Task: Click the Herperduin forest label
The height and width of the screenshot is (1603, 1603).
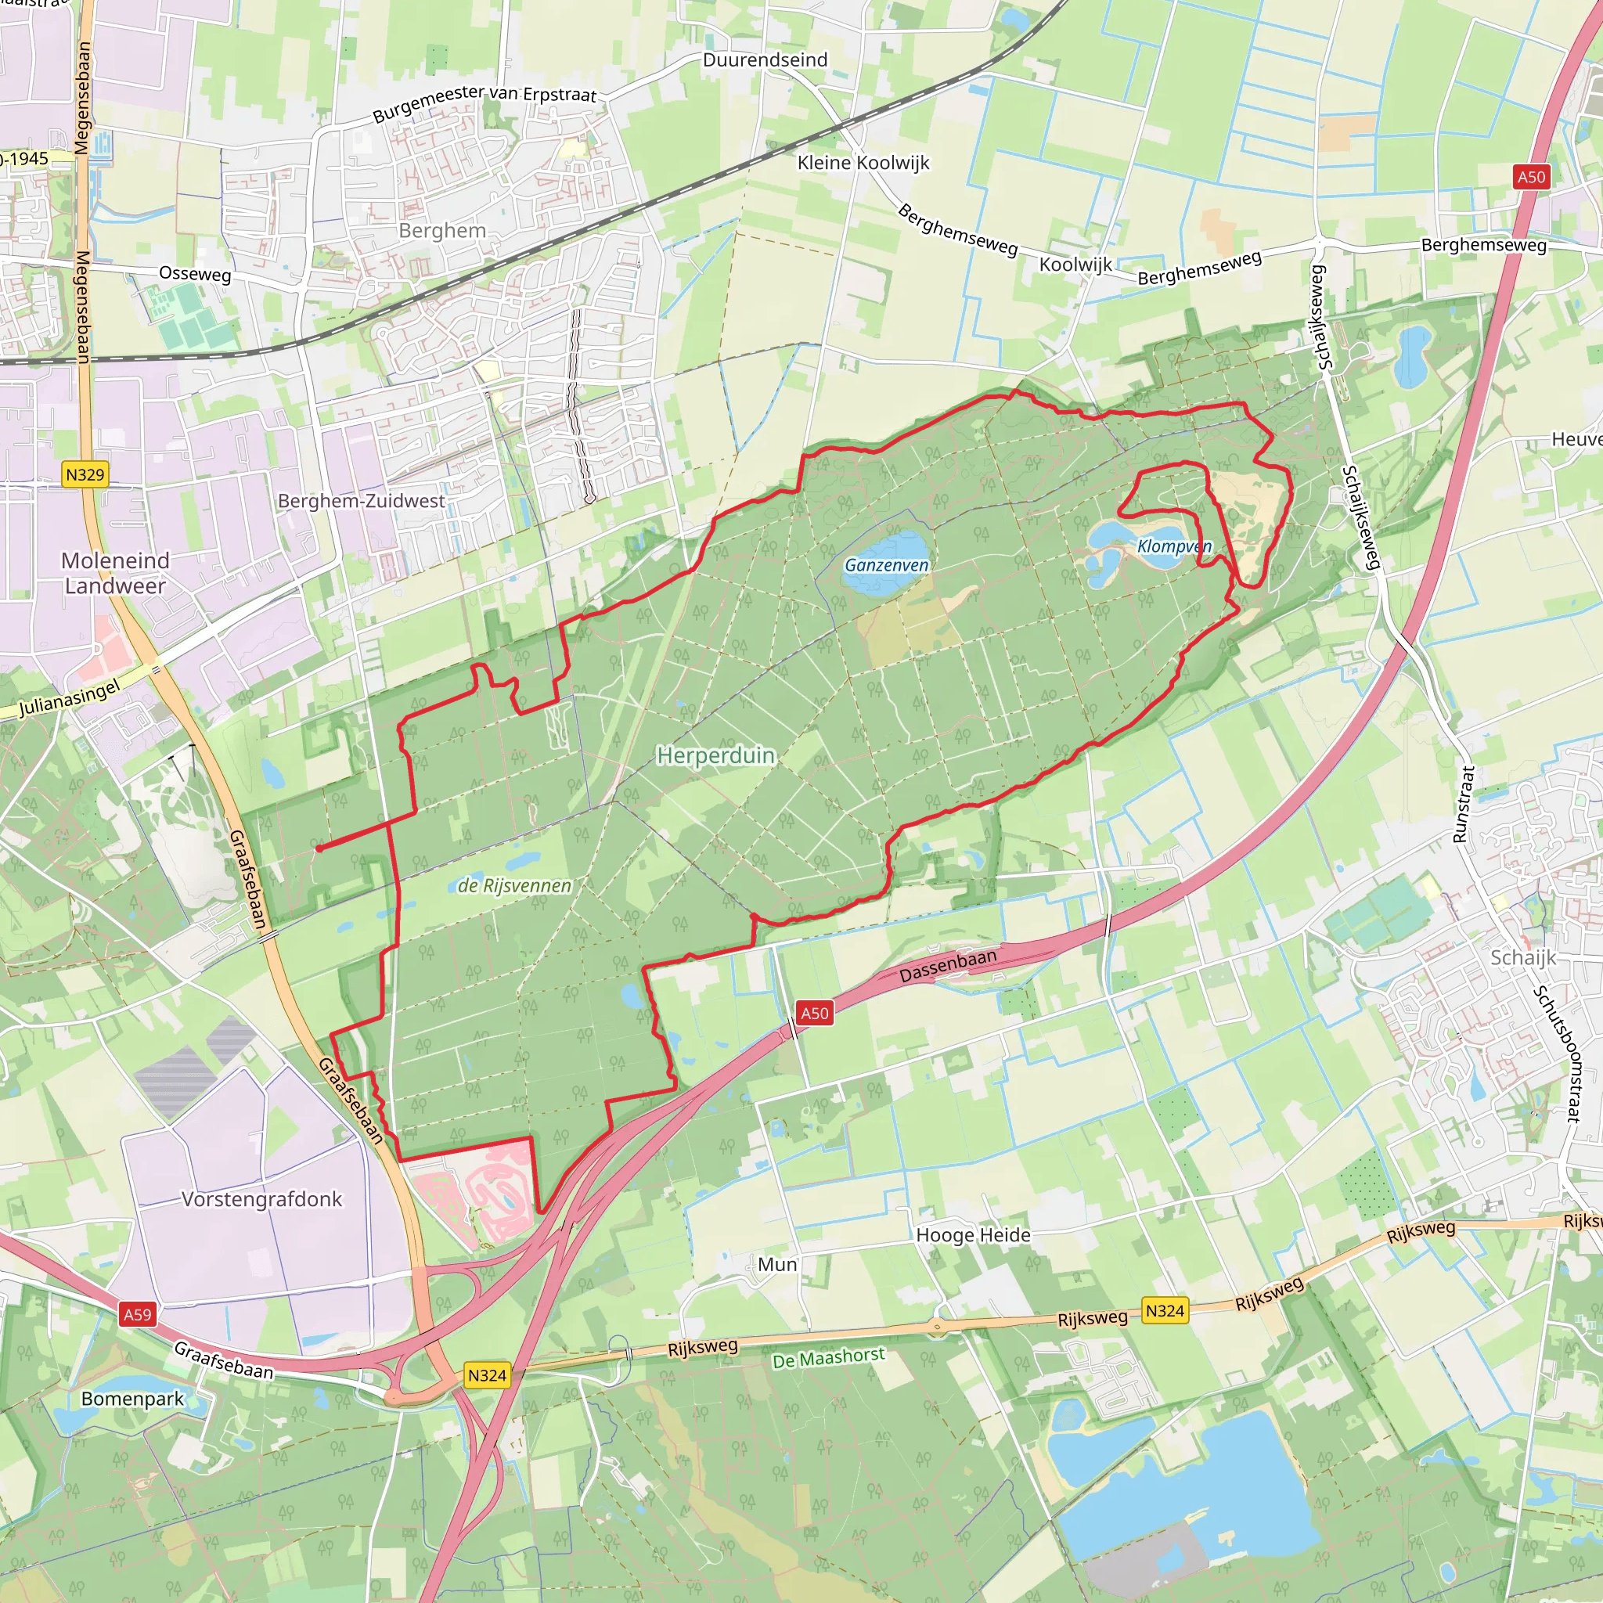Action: click(x=715, y=755)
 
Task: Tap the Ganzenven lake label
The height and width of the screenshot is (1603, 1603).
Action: click(x=886, y=565)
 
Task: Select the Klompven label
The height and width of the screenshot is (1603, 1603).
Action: click(x=1174, y=546)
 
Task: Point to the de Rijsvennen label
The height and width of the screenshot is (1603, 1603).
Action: click(x=514, y=885)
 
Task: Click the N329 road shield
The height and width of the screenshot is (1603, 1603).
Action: click(x=85, y=474)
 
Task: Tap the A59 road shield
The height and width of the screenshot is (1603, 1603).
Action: click(x=137, y=1314)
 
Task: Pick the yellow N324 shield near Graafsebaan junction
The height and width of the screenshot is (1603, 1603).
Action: click(x=486, y=1374)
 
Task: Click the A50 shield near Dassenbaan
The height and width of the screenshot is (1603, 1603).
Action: click(x=814, y=1012)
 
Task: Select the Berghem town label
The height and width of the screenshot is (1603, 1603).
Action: click(x=442, y=231)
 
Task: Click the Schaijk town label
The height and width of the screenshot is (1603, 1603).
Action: click(x=1523, y=957)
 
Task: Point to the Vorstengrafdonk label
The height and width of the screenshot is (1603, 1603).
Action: click(x=261, y=1199)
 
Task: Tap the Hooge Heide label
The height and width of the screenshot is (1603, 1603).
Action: click(x=973, y=1234)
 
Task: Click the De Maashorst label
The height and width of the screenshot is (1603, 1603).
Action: click(x=828, y=1358)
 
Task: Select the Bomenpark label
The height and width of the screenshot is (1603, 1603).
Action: click(x=132, y=1399)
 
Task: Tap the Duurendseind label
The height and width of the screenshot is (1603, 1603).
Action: click(x=765, y=59)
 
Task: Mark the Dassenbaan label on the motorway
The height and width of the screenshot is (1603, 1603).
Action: click(x=948, y=966)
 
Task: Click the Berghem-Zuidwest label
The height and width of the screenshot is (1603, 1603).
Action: click(x=361, y=501)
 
